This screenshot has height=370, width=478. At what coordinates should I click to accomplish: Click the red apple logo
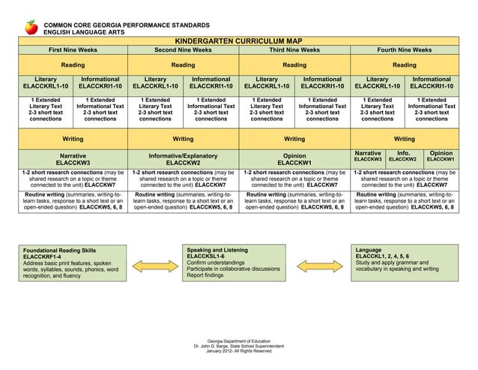point(31,28)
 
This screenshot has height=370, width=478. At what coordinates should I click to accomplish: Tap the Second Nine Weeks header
point(183,50)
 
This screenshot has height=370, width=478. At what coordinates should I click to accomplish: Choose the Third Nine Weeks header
point(294,50)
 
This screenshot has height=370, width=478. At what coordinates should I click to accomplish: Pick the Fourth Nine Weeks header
point(404,50)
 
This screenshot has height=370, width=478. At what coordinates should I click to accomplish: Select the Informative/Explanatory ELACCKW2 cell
point(183,158)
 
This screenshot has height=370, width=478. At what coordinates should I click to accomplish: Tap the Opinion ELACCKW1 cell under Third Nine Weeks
point(294,158)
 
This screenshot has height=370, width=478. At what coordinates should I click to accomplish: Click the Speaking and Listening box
point(238,263)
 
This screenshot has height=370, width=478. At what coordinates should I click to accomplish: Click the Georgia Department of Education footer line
point(239,341)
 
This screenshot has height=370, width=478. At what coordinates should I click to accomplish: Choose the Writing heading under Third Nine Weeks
point(294,139)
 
